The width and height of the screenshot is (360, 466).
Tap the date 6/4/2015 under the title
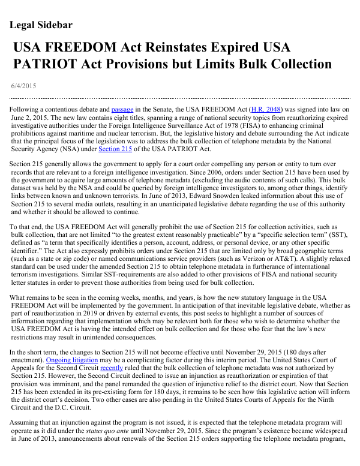23,86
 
